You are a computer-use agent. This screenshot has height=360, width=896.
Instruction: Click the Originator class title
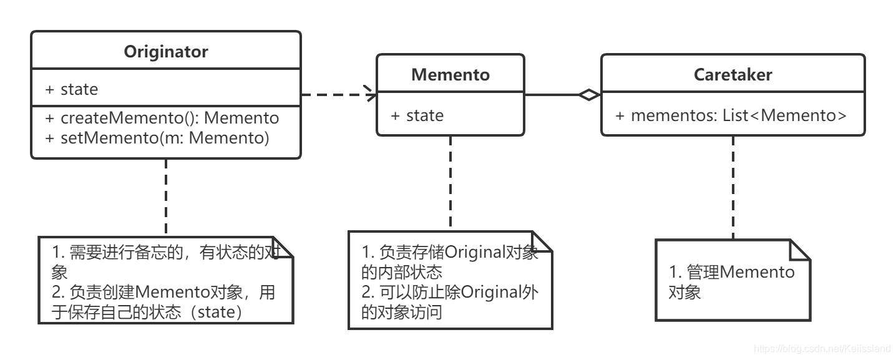coord(165,52)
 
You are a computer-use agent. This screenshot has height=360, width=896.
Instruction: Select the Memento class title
coord(450,75)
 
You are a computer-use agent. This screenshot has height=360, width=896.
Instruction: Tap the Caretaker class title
coord(733,75)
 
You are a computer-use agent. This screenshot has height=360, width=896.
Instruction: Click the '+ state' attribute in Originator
coord(71,89)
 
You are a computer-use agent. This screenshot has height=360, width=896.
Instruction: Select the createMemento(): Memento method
coord(162,118)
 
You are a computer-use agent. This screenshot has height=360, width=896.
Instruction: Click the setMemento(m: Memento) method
coord(157,138)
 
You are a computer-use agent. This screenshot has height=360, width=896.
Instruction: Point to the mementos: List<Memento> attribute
coord(731,115)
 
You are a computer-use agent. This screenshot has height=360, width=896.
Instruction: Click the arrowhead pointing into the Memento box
coord(371,95)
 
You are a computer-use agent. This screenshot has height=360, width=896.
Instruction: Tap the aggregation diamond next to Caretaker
coord(588,95)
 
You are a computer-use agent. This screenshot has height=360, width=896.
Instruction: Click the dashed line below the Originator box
coord(165,197)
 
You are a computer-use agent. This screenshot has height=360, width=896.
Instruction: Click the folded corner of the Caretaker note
coord(801,249)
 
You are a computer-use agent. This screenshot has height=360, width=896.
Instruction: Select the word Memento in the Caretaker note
coord(757,272)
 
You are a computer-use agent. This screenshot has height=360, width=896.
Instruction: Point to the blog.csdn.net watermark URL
coord(822,348)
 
